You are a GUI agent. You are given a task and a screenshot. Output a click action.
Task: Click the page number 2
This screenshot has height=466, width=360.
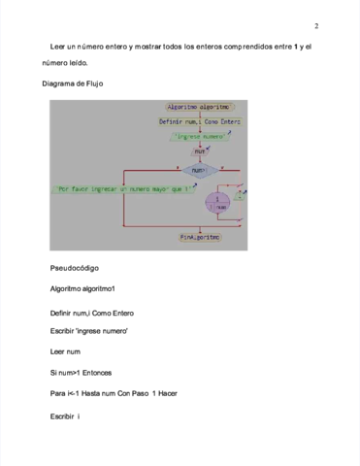[x=316, y=26]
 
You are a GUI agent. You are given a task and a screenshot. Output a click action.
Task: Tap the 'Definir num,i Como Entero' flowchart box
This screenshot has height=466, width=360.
[x=200, y=122]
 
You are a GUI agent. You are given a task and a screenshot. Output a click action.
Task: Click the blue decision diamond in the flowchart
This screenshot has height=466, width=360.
[x=199, y=170]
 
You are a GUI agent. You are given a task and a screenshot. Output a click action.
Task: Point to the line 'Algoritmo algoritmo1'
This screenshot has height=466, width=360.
[x=82, y=289]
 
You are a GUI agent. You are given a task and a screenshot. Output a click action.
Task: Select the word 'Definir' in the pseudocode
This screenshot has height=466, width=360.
[x=63, y=313]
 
